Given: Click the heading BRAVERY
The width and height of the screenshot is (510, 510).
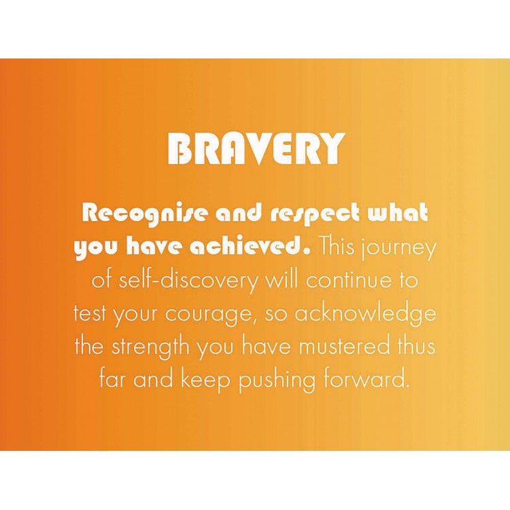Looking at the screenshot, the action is click(x=256, y=148).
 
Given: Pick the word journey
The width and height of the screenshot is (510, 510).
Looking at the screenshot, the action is click(x=398, y=249).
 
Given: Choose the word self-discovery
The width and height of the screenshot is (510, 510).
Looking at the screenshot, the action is click(x=188, y=282).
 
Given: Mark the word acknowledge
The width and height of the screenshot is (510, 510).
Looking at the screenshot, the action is click(x=365, y=314).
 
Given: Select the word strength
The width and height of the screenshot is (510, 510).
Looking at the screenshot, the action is click(x=150, y=347).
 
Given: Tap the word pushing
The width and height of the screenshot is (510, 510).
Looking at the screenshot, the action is click(x=277, y=381).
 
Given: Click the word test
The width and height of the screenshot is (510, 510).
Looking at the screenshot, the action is click(x=90, y=314).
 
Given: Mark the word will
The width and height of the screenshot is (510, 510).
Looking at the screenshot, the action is click(x=282, y=279).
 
